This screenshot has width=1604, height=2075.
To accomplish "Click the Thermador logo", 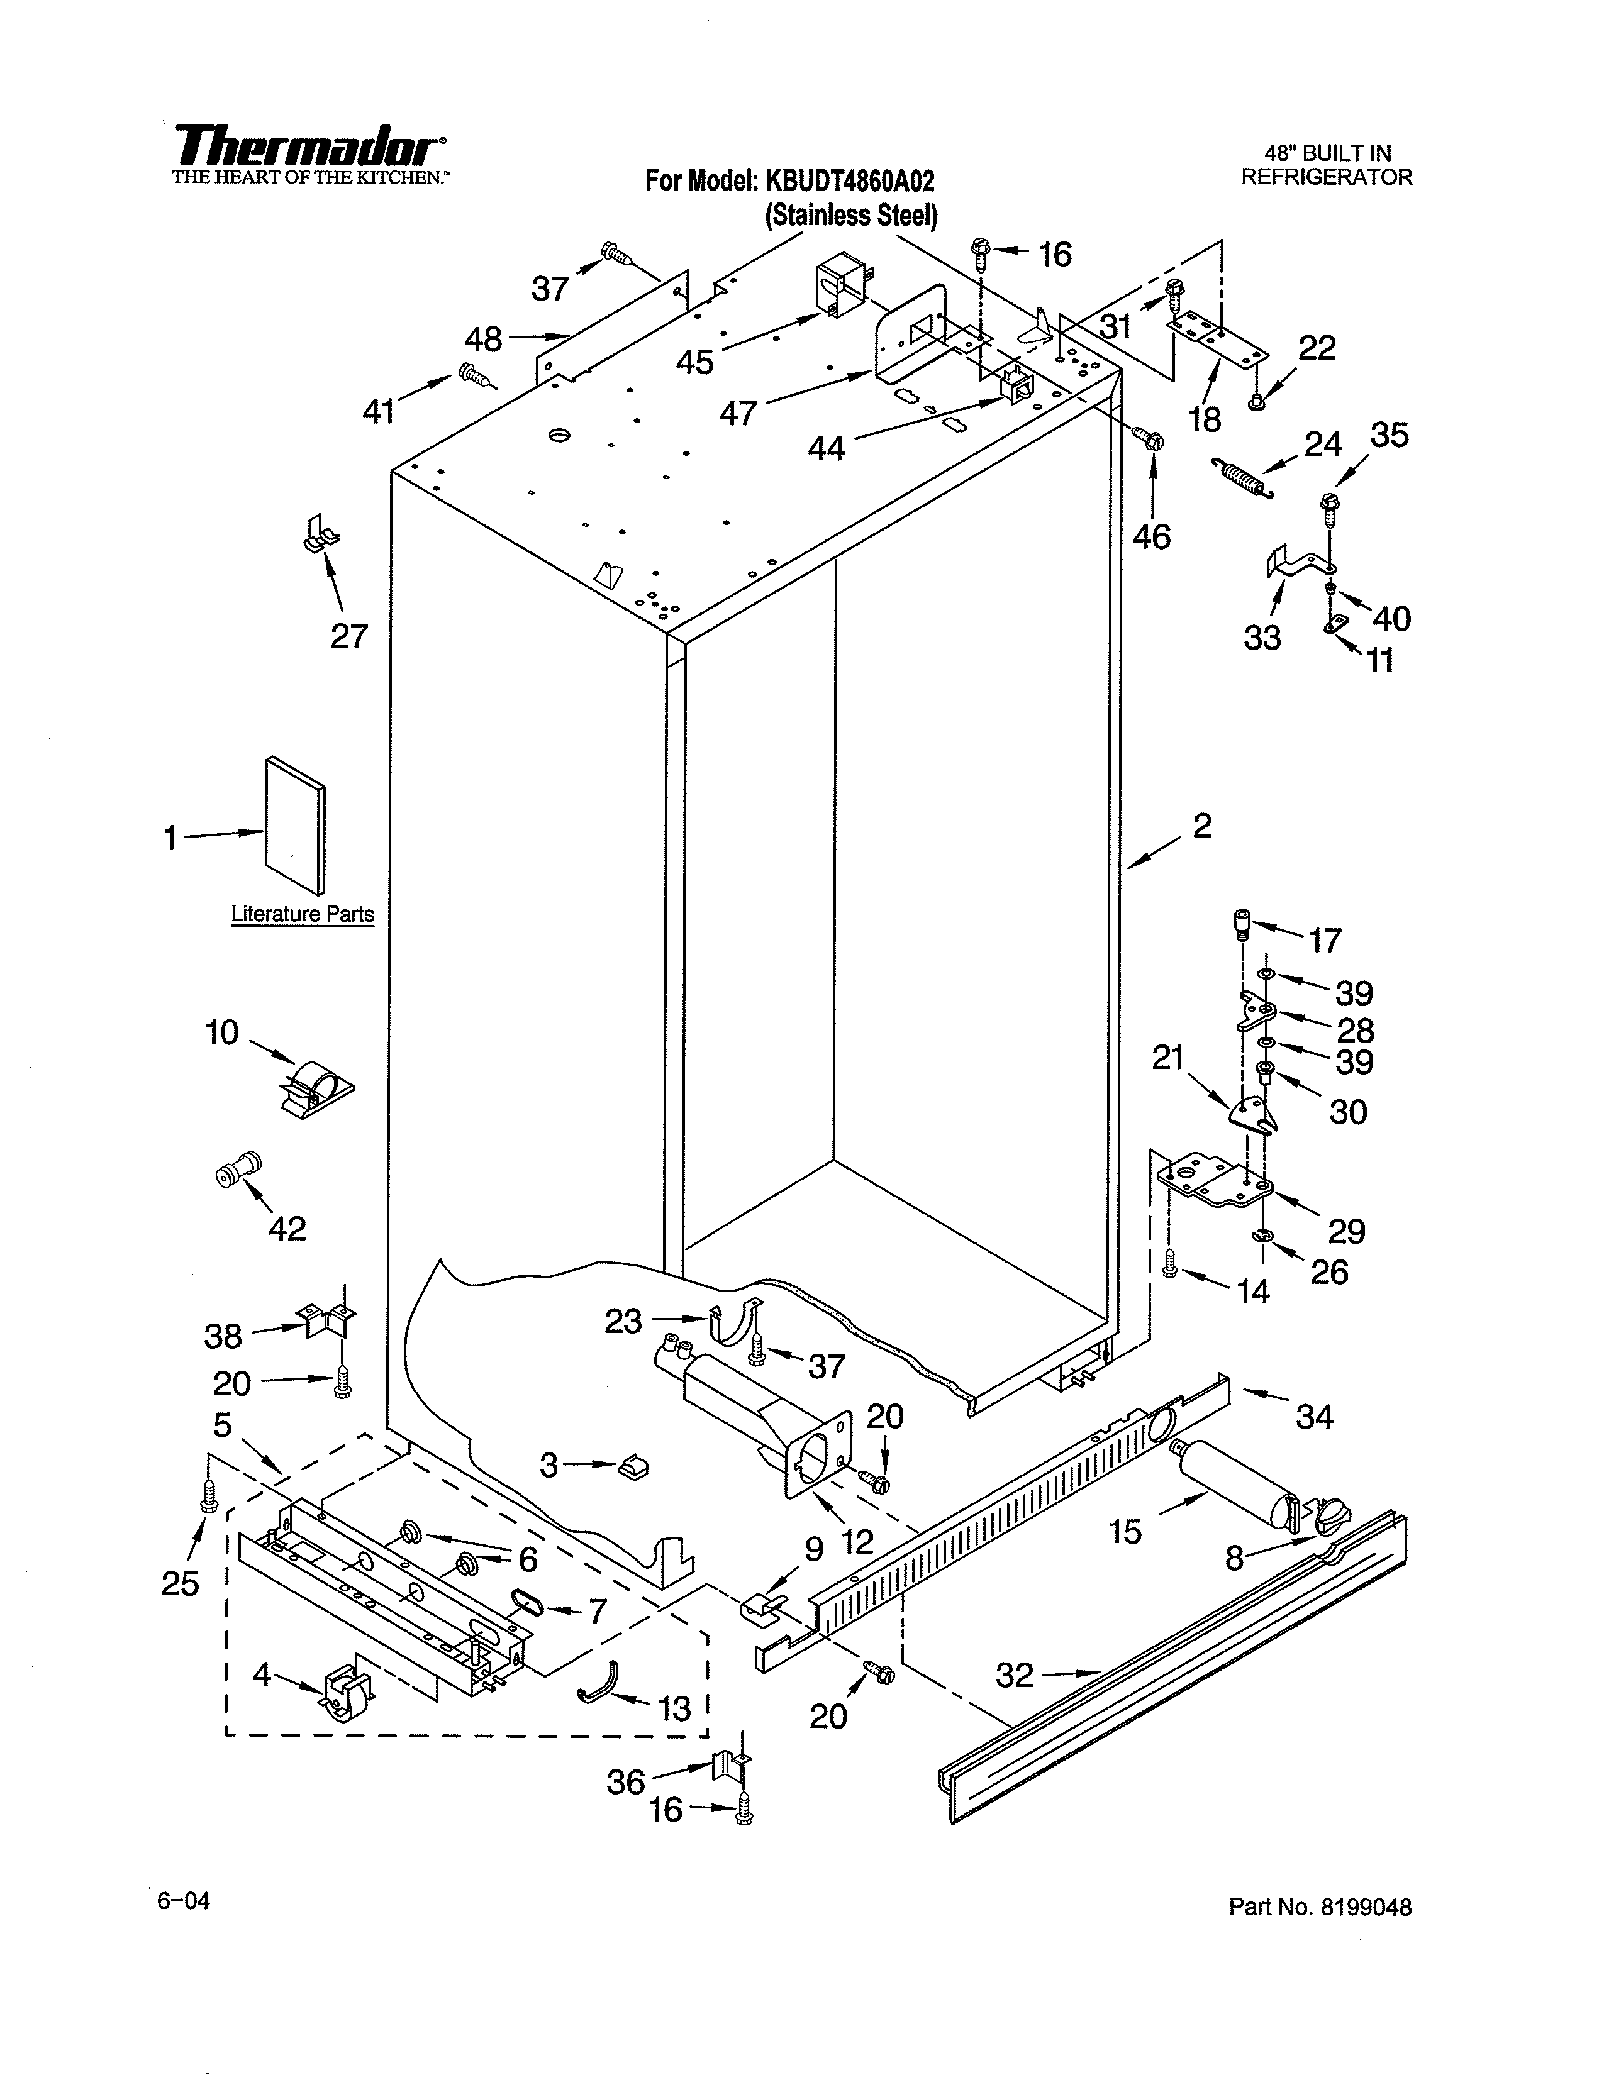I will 309,147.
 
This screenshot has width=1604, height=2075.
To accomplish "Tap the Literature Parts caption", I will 302,914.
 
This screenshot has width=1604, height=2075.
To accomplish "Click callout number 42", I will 287,1229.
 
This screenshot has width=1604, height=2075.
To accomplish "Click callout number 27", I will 348,634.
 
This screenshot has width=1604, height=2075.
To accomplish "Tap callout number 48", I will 482,338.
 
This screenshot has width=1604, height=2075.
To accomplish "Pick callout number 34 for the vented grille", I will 1314,1417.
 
